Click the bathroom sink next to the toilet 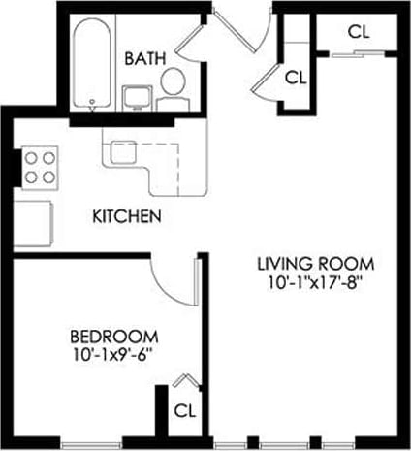point(136,96)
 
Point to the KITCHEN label point(125,215)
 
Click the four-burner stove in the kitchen point(40,166)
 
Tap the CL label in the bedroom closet point(184,410)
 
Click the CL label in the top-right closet point(359,30)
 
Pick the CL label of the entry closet point(296,77)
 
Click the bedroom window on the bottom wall point(92,444)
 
